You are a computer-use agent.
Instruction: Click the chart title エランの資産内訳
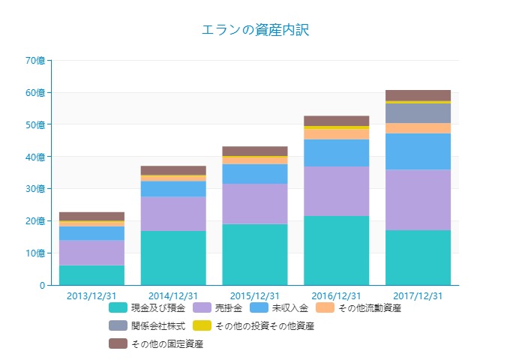tap(255, 30)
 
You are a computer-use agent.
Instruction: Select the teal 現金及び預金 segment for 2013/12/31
tap(91, 275)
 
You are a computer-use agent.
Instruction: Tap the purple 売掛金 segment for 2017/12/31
tap(418, 199)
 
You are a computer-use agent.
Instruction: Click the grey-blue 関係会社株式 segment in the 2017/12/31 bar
tap(418, 112)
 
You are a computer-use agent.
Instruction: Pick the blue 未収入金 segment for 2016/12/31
tap(336, 153)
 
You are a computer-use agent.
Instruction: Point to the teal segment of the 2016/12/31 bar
tap(336, 250)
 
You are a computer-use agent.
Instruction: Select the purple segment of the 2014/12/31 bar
tap(173, 214)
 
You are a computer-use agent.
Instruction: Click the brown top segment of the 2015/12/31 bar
tap(255, 151)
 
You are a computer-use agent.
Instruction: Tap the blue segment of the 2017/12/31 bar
tap(418, 151)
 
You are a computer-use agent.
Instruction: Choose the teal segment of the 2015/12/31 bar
tap(255, 254)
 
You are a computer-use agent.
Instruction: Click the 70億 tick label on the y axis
tap(36, 61)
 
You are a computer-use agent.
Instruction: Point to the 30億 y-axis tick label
tap(36, 189)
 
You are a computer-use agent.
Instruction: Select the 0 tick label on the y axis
tap(43, 286)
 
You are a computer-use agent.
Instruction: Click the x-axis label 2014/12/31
tap(173, 295)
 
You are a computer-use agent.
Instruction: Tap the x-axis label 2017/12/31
tap(418, 295)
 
